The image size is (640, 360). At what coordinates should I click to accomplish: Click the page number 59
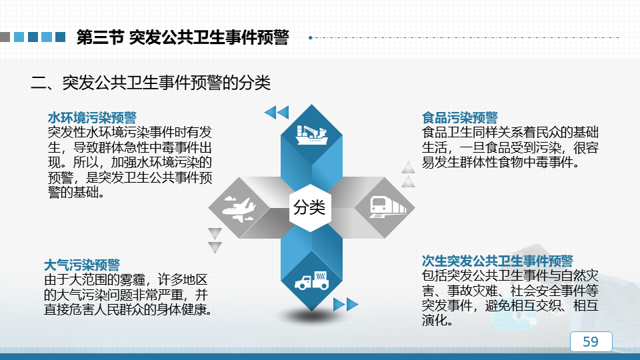point(591,341)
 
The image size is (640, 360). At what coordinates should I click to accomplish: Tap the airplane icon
point(239,209)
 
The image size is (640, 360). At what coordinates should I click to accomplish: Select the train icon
point(388,207)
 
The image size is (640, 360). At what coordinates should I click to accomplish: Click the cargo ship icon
point(312,135)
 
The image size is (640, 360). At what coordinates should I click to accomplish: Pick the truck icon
point(312,281)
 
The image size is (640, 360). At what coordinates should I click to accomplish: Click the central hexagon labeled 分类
point(310,207)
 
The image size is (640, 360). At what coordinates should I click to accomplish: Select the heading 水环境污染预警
point(92,117)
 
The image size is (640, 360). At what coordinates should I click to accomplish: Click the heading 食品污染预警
point(460,117)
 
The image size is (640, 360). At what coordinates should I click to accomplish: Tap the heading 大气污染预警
point(81,265)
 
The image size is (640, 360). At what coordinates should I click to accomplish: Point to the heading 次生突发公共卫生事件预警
point(497,261)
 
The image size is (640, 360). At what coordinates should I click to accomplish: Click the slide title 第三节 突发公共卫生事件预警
point(183,37)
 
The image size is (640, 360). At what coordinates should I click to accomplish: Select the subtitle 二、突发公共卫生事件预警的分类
point(150,83)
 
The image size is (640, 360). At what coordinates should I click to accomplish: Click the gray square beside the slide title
point(5,37)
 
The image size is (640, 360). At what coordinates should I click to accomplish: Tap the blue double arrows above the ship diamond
point(277,112)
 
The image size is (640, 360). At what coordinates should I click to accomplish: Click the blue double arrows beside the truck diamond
point(346,305)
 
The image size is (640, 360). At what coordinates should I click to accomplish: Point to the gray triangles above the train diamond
point(408,174)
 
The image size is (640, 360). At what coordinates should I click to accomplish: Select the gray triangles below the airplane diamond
point(215,241)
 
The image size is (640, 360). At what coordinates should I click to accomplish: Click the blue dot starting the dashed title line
point(311,37)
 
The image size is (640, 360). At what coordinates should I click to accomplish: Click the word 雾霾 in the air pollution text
point(133,279)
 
